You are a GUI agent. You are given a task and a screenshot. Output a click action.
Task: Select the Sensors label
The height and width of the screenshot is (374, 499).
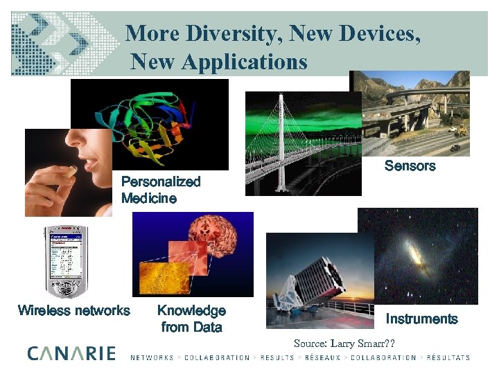point(410,166)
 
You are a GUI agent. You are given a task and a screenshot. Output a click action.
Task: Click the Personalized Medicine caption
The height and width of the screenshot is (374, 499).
point(161,190)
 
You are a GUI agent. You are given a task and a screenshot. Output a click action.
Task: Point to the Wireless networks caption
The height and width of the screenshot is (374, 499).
point(73,310)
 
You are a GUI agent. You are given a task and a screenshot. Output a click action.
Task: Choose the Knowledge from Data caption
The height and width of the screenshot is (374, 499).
point(191,319)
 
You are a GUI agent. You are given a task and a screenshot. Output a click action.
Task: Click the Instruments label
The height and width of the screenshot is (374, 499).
point(421,319)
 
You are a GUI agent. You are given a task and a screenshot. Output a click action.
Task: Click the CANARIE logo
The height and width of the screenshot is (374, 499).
point(71,353)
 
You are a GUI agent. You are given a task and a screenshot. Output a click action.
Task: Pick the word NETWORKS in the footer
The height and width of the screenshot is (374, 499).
point(152,358)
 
